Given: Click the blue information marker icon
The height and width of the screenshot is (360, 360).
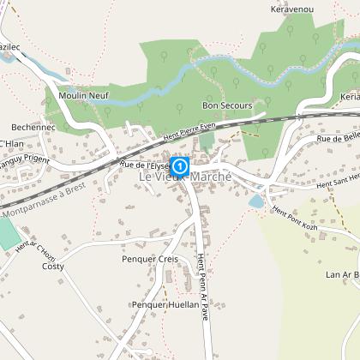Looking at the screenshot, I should [180, 165].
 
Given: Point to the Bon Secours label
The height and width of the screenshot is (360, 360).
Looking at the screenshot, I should [226, 105].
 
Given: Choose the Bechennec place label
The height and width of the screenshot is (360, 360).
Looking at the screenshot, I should [34, 126].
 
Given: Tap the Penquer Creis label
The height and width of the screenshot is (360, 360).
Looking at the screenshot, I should [149, 258].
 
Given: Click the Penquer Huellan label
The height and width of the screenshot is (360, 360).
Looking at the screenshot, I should [165, 303].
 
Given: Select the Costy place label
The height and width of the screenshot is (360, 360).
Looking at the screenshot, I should [53, 266].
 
